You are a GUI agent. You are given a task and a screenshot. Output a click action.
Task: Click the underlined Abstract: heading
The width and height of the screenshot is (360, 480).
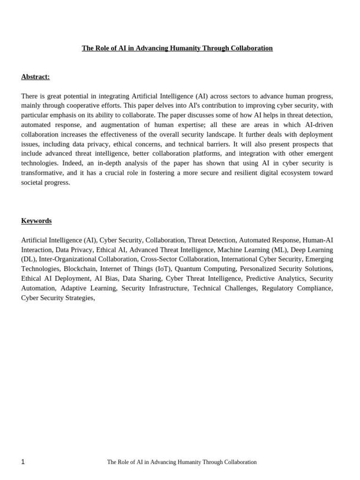pyautogui.click(x=35, y=77)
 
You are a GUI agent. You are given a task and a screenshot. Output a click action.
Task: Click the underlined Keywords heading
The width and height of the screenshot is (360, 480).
pyautogui.click(x=36, y=221)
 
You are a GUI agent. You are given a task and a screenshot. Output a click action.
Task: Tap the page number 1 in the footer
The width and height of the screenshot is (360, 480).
pyautogui.click(x=23, y=462)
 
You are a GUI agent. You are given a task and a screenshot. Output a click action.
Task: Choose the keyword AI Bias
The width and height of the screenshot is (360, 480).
pyautogui.click(x=106, y=278)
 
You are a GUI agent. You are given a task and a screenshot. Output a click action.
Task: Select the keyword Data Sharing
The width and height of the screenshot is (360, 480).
pyautogui.click(x=142, y=278)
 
